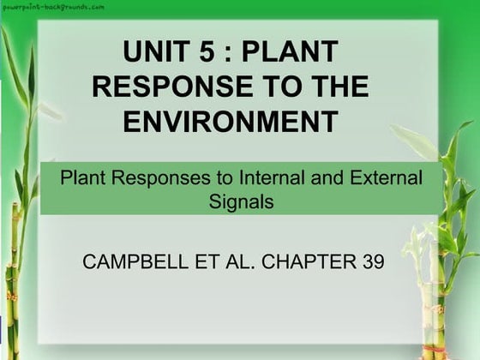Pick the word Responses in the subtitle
coord(151,180)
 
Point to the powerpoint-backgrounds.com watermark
coord(54,6)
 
